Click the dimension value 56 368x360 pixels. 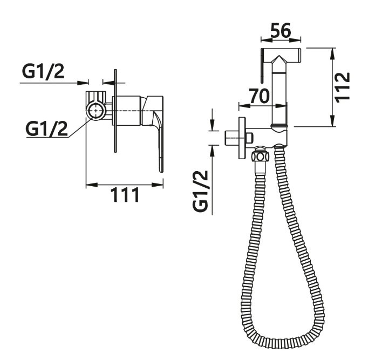[281, 30]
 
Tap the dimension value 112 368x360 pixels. [343, 87]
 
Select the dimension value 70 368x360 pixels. [260, 96]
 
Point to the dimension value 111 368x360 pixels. [125, 195]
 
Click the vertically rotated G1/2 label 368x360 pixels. [200, 191]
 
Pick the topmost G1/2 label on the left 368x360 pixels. [43, 71]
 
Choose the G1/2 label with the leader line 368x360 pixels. [47, 128]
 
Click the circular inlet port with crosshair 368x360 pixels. [96, 111]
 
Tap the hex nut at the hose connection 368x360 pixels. [259, 155]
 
